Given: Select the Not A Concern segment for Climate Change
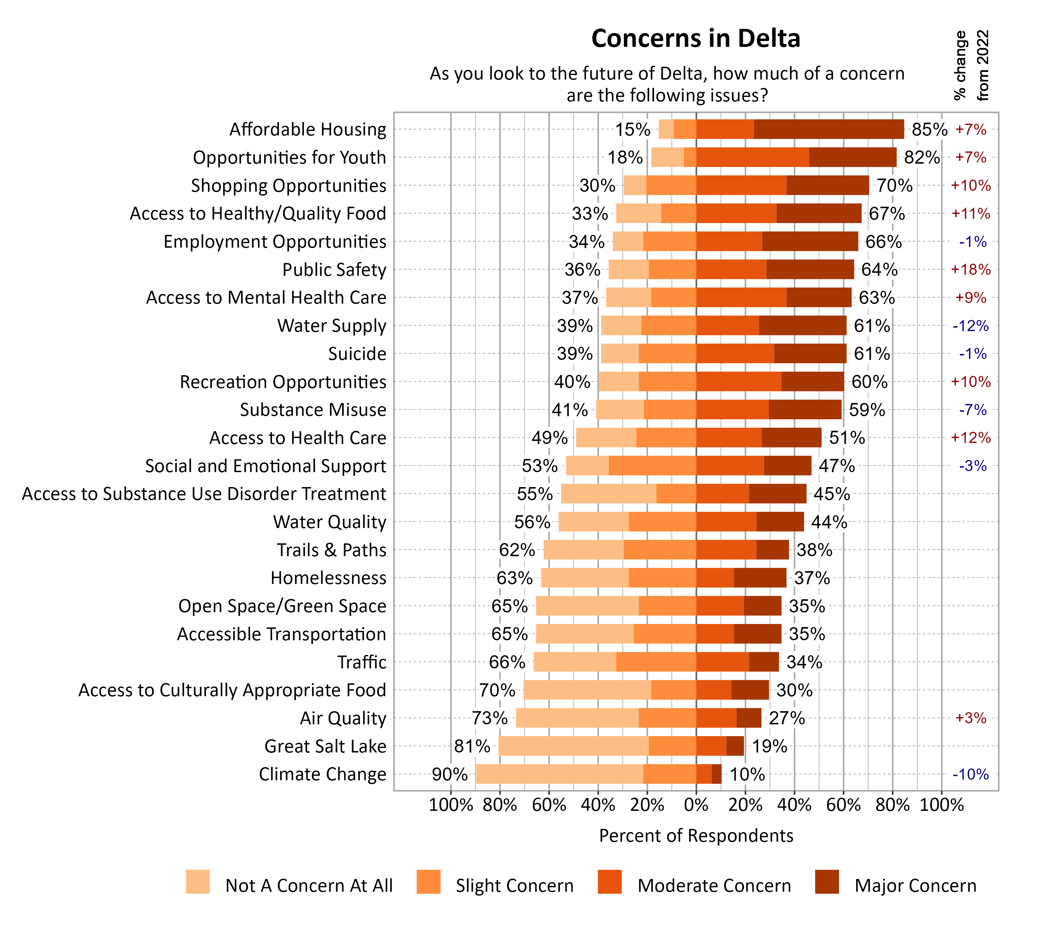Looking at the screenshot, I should tap(559, 774).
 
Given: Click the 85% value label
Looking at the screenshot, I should tap(929, 129).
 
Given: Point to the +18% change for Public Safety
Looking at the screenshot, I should tap(970, 270).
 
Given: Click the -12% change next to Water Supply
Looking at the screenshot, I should tap(970, 326).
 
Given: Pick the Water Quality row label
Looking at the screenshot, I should tap(329, 522).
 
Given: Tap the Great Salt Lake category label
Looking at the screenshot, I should tap(325, 746).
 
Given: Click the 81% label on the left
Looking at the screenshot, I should tap(472, 746).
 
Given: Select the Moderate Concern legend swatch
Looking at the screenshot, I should tap(609, 882).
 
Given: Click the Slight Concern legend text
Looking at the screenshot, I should tap(514, 886).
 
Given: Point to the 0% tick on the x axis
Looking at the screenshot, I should tap(696, 805).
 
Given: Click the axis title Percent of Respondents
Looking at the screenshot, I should tap(696, 836).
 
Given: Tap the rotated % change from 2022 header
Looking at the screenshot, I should tap(971, 65).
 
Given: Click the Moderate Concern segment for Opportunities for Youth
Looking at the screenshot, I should tap(752, 157).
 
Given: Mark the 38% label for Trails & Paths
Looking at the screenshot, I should tap(814, 550).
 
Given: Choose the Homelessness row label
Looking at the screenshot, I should tap(328, 578).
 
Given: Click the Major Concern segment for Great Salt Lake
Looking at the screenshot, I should tap(735, 746).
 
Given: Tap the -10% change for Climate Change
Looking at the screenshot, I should tap(970, 774).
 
